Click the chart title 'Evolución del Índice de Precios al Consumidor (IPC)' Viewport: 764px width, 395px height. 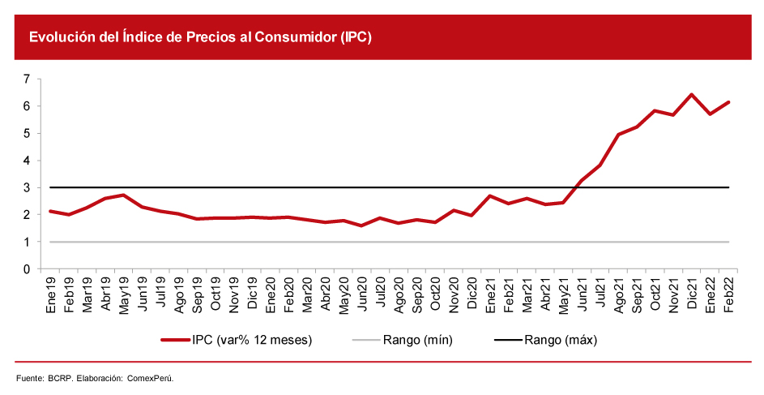click(x=200, y=37)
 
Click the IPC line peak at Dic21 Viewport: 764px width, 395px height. click(x=692, y=94)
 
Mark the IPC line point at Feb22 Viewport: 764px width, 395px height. click(x=729, y=102)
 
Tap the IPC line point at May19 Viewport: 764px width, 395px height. click(x=122, y=195)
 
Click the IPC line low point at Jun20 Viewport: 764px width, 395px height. click(x=361, y=225)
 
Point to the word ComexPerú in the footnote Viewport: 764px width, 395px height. click(x=151, y=378)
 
